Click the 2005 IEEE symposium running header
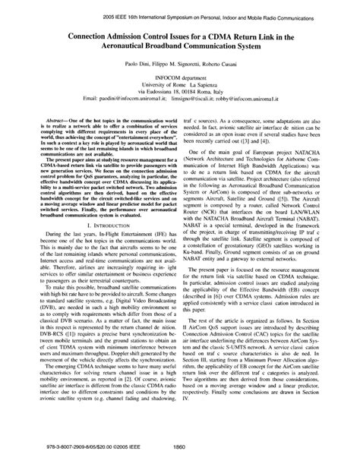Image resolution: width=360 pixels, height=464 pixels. tap(179, 13)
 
